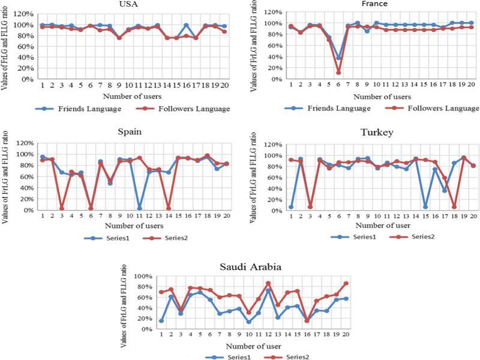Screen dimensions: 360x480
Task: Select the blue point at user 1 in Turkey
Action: tap(290, 207)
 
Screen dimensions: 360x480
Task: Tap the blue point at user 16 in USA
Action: tap(186, 25)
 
